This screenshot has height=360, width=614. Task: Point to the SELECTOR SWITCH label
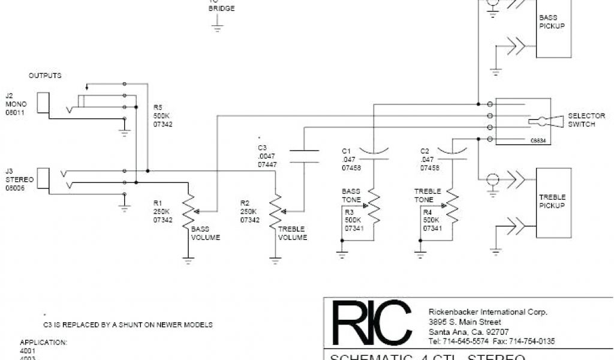586,120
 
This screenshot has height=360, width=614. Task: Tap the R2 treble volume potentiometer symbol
276,211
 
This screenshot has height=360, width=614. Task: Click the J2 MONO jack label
16,104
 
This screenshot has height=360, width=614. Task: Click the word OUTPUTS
45,76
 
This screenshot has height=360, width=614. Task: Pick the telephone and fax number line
492,341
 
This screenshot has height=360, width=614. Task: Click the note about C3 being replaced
128,325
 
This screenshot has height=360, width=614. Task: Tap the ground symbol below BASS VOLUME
189,260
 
